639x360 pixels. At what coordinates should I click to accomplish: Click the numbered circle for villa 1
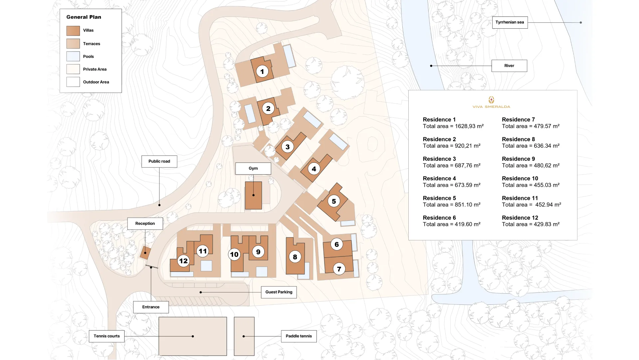point(262,72)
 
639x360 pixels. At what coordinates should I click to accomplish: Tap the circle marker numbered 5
point(334,201)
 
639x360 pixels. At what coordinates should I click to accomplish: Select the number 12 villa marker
point(183,261)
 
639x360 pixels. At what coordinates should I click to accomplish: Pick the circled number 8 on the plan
point(295,257)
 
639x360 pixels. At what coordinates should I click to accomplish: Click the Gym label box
point(253,169)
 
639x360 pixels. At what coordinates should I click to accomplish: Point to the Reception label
point(145,224)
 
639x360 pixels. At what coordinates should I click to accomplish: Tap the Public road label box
point(159,162)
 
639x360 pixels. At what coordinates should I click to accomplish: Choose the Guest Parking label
point(279,292)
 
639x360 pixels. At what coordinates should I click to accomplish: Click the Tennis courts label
point(106,336)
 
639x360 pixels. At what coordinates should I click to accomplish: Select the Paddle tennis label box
point(299,336)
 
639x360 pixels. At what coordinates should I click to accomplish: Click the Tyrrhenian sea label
point(510,22)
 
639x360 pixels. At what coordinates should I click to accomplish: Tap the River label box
point(509,66)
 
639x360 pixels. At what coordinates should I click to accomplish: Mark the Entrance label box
point(151,307)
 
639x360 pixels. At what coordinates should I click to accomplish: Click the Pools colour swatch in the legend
point(73,56)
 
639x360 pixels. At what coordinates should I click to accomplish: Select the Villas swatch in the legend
point(73,31)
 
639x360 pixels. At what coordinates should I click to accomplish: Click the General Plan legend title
point(84,17)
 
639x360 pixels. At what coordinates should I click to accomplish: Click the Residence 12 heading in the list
point(520,218)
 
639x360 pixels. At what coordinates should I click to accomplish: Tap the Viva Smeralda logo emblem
point(491,100)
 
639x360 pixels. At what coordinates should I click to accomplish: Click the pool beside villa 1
point(289,56)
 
